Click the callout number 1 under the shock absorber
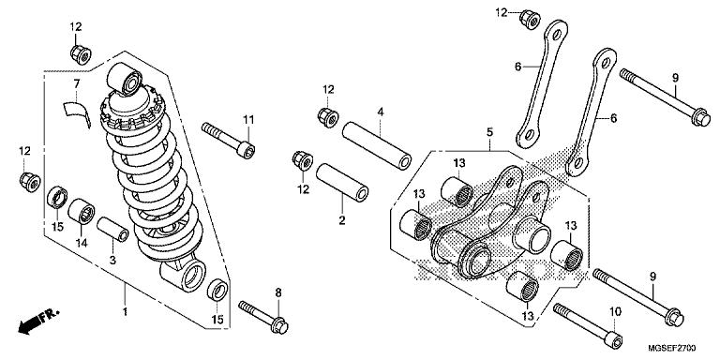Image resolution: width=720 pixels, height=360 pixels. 125,312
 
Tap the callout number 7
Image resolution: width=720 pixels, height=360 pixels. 77,84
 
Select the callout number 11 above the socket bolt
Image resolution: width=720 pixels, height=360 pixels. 248,120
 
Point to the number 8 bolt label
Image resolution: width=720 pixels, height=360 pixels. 278,292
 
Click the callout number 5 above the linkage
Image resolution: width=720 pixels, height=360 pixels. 490,132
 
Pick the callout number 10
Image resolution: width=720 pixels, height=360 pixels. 615,311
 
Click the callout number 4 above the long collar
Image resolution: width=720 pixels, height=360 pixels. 381,112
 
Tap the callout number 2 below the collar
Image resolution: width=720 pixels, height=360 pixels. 341,220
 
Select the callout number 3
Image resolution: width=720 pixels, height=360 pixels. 112,261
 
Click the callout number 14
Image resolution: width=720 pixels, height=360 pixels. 82,244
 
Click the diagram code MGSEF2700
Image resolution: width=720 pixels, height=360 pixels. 672,349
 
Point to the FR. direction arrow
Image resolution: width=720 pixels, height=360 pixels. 38,320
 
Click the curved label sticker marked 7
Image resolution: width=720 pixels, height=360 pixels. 76,112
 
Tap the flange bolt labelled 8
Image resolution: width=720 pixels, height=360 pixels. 263,315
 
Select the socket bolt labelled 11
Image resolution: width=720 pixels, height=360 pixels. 228,136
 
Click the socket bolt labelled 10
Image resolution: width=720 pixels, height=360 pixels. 589,325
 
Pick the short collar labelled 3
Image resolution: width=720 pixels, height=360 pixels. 112,229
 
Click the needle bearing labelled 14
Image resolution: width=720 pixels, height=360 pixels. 82,211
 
